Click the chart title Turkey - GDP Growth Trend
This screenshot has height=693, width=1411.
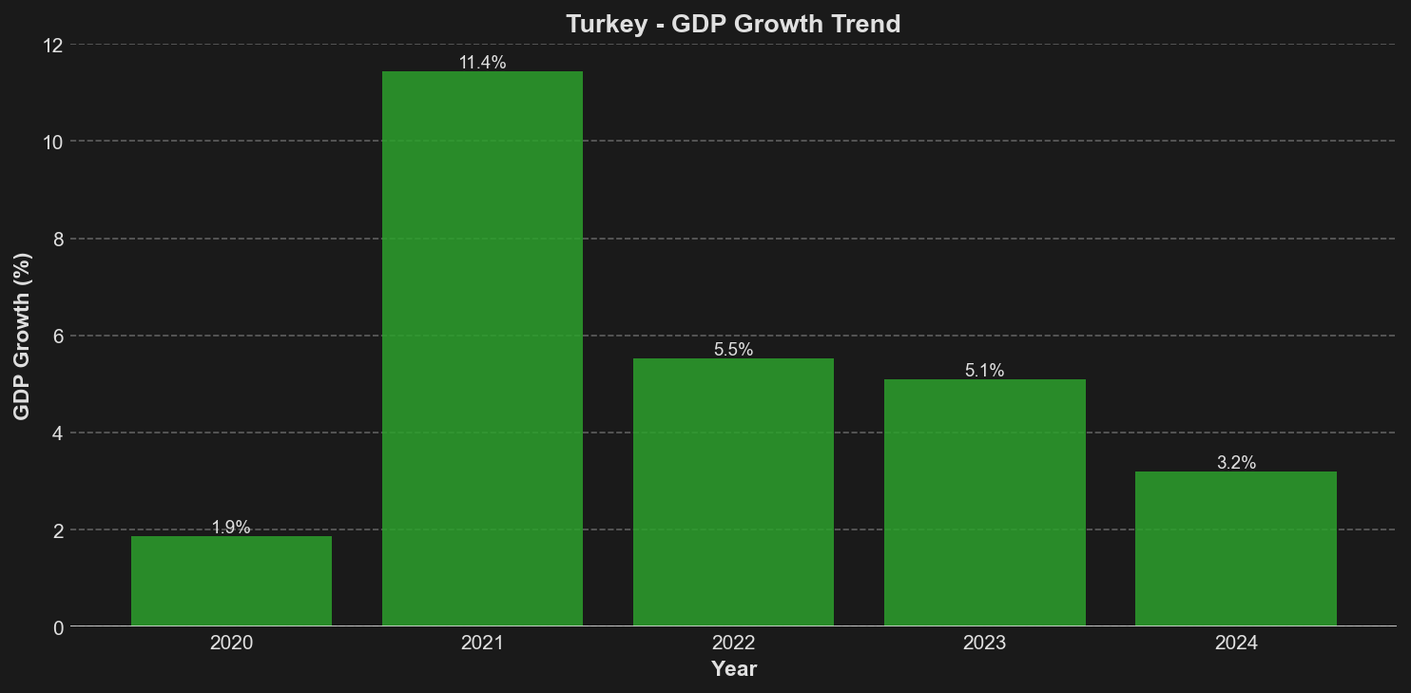click(732, 24)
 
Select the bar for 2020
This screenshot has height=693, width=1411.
click(231, 581)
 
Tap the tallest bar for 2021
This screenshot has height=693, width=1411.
click(482, 349)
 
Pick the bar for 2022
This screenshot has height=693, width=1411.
click(733, 491)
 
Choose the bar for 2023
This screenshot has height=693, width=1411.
click(984, 502)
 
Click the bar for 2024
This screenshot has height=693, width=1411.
click(1235, 549)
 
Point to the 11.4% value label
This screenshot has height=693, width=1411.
click(482, 63)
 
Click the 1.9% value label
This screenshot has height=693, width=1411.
click(231, 528)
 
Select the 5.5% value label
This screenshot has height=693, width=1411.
click(733, 350)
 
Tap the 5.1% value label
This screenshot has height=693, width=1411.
click(984, 371)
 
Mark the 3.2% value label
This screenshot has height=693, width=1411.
click(1236, 463)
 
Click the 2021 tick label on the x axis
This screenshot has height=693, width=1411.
click(482, 644)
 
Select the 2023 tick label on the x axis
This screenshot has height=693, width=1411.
click(984, 644)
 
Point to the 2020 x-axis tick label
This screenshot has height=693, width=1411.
click(231, 644)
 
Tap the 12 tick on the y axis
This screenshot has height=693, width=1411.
click(52, 45)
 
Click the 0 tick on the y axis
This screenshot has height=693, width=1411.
click(58, 627)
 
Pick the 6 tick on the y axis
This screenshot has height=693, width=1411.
click(58, 336)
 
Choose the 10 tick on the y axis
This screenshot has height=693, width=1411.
click(52, 142)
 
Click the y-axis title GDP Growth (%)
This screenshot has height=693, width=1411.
click(22, 336)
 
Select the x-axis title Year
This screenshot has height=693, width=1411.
click(733, 669)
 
